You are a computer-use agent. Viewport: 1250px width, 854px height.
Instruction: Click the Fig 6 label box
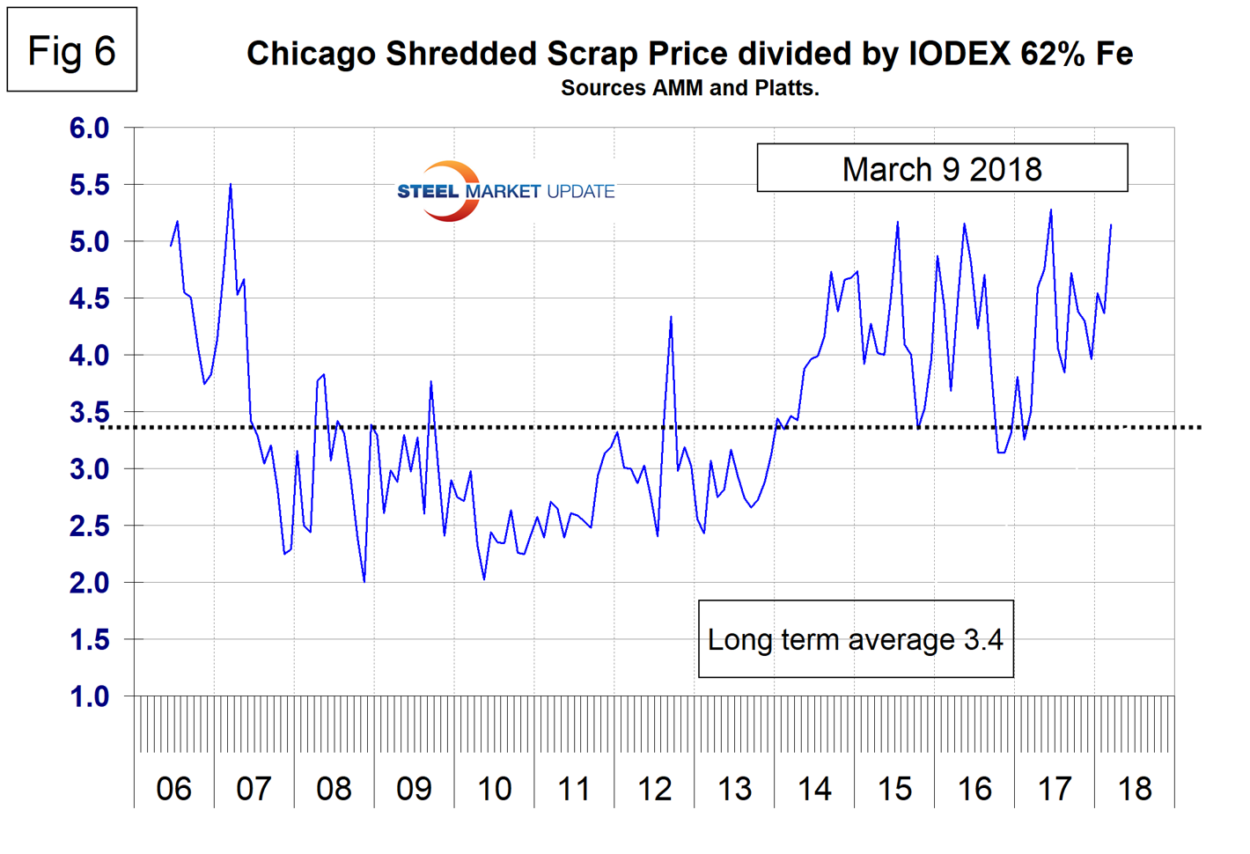[71, 50]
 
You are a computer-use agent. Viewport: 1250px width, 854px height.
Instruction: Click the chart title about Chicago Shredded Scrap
[689, 54]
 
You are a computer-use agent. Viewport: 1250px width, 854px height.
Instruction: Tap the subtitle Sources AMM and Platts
[689, 88]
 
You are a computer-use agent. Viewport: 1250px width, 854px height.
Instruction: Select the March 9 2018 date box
[942, 168]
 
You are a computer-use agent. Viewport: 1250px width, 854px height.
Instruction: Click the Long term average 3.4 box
[855, 639]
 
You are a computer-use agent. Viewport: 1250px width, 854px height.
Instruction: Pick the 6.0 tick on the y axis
[89, 128]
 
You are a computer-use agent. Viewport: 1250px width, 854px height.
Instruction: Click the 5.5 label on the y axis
[89, 185]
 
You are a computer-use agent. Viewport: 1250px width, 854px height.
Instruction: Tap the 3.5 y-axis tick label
[89, 412]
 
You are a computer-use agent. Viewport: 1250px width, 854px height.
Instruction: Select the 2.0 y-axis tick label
[89, 583]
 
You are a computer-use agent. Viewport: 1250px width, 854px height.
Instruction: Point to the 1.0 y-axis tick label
[89, 696]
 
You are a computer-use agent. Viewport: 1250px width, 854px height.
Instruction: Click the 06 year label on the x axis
[173, 789]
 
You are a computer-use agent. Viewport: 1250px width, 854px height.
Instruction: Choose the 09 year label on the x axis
[414, 789]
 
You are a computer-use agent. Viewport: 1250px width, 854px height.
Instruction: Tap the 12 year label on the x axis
[654, 789]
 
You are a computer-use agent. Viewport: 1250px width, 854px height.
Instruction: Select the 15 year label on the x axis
[894, 789]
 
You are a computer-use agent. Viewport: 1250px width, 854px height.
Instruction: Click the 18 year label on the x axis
[1135, 789]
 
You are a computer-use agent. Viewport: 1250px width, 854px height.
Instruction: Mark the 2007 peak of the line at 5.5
[231, 184]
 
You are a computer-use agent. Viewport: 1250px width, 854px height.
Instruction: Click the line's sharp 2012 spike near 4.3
[671, 317]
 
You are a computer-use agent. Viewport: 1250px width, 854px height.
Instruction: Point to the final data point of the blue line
[1111, 225]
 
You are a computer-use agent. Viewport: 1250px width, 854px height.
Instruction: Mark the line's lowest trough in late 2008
[364, 582]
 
